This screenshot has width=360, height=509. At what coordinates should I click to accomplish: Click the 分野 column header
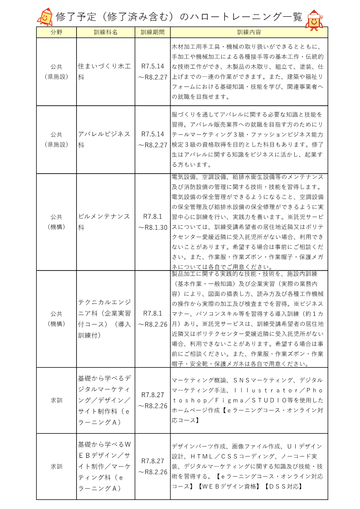[57, 32]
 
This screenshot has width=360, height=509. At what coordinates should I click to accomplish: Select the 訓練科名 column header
[106, 32]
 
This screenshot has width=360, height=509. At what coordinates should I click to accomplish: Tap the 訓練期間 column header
[152, 32]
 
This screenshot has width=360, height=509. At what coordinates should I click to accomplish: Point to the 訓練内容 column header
[249, 32]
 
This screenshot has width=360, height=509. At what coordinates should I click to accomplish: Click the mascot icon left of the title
[44, 17]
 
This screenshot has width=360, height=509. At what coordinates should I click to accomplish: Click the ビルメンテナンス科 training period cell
[152, 222]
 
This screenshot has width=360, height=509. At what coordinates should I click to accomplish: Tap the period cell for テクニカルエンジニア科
[152, 319]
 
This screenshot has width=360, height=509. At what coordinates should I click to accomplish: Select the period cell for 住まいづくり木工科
[152, 72]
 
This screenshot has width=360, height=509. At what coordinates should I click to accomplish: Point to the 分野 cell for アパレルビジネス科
[57, 140]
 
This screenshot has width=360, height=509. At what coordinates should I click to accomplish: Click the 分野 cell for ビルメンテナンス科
[57, 222]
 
